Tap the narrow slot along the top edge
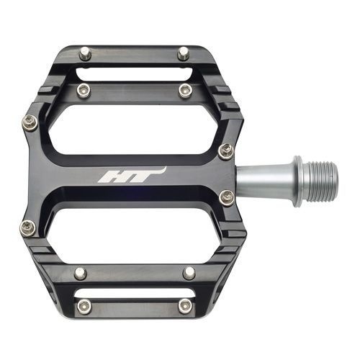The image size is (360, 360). click(x=133, y=72)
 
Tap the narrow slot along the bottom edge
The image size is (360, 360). click(x=133, y=305)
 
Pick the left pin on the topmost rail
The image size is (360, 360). click(x=86, y=53)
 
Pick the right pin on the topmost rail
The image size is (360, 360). click(x=184, y=53)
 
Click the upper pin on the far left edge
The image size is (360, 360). click(x=30, y=122)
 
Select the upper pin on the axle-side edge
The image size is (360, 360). click(x=225, y=150)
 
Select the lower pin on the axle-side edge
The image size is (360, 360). click(x=227, y=197)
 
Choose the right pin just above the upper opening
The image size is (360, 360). click(x=185, y=90)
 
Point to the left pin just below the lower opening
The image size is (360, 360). click(x=81, y=273)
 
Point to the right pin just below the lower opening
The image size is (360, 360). click(x=189, y=273)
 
